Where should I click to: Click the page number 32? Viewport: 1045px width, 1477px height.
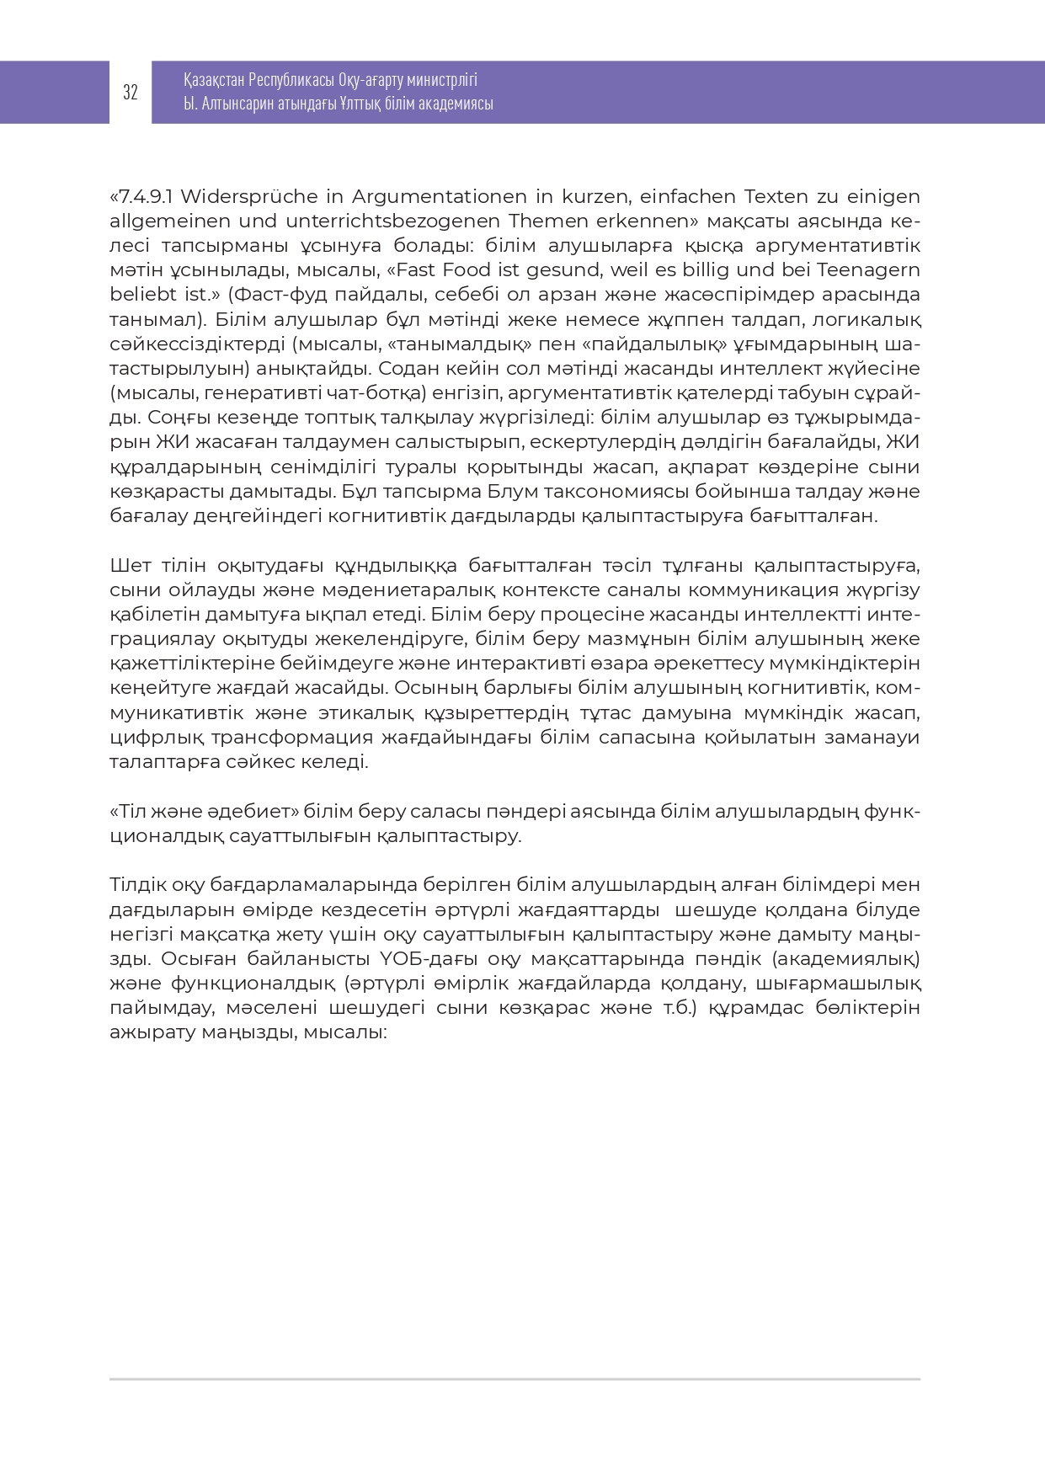point(131,93)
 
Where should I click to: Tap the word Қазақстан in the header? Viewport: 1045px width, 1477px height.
point(214,80)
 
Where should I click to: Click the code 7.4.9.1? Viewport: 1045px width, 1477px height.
point(146,197)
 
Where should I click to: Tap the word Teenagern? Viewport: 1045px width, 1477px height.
point(868,270)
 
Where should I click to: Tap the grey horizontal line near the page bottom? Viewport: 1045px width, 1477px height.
point(515,1379)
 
